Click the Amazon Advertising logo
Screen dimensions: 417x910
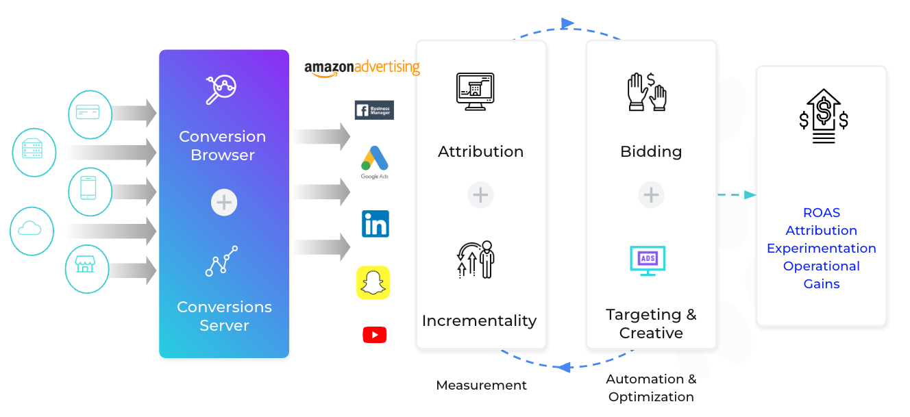pyautogui.click(x=362, y=68)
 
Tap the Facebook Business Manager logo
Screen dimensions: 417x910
pyautogui.click(x=374, y=110)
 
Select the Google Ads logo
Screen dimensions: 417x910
pyautogui.click(x=375, y=162)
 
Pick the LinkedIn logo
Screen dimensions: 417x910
pyautogui.click(x=376, y=224)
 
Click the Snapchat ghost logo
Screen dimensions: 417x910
pyautogui.click(x=373, y=282)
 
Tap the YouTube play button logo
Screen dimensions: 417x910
pyautogui.click(x=375, y=335)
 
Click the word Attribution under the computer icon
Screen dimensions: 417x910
pyautogui.click(x=480, y=151)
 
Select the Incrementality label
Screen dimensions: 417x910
pyautogui.click(x=479, y=320)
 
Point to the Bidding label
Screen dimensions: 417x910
pyautogui.click(x=651, y=151)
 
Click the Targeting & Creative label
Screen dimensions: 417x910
pyautogui.click(x=651, y=324)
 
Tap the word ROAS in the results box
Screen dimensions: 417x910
pyautogui.click(x=821, y=213)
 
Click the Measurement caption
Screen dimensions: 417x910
pyautogui.click(x=481, y=386)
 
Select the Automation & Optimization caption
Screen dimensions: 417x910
pyautogui.click(x=651, y=388)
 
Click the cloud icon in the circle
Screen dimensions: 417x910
pyautogui.click(x=32, y=231)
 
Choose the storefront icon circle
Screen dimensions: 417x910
pyautogui.click(x=86, y=268)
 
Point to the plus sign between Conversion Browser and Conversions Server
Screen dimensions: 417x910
pyautogui.click(x=224, y=203)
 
